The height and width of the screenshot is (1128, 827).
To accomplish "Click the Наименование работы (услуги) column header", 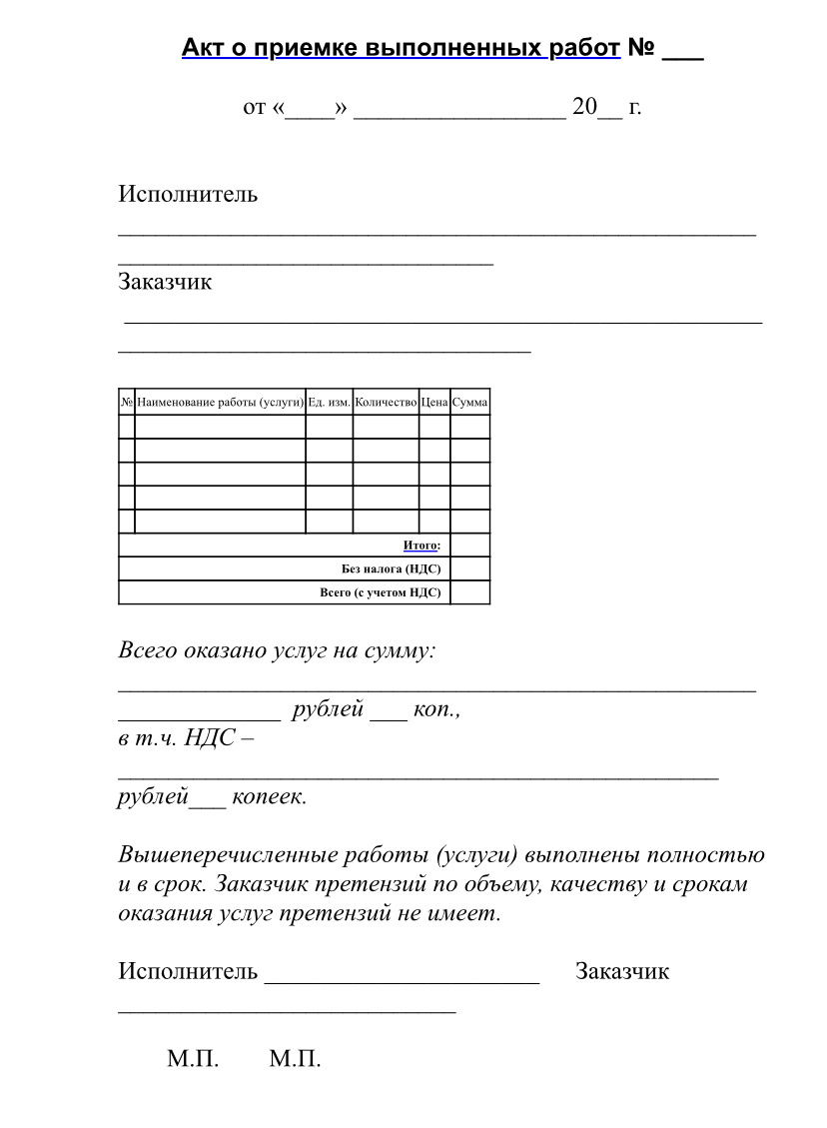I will point(220,402).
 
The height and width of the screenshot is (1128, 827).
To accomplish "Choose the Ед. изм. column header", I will point(329,402).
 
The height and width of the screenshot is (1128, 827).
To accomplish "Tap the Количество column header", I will point(386,402).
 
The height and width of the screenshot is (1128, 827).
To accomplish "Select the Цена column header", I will point(434,402).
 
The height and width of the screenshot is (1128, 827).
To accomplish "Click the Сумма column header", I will point(470,402).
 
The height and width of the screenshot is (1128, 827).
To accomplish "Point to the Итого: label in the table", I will point(421,546).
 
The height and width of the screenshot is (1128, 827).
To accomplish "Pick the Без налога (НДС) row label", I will point(392,569).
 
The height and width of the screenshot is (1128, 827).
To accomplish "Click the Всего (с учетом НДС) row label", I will point(381,592).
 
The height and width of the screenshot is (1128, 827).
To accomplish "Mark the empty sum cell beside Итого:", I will point(470,546).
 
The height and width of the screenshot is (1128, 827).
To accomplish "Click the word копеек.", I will point(270,797).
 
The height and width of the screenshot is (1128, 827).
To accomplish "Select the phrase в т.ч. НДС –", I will point(186,739).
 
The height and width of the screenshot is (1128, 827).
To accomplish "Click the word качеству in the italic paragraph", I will point(588,885).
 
